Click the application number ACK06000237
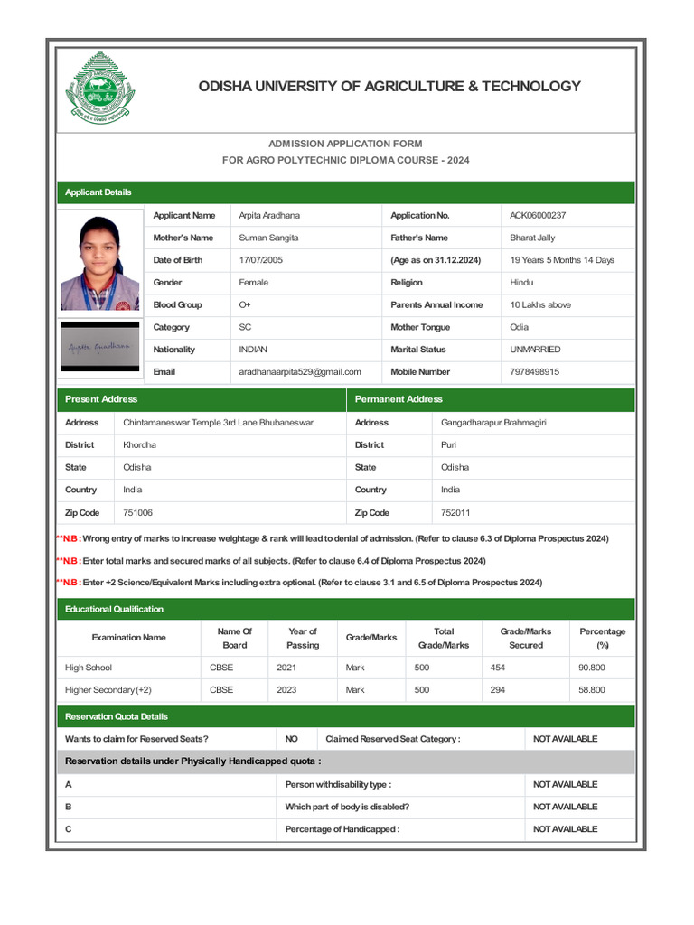point(539,216)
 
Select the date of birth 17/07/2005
point(260,260)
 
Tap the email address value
point(300,372)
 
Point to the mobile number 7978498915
point(534,372)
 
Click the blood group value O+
point(245,305)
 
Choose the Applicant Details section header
point(98,192)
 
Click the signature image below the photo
point(98,346)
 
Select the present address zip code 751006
point(138,513)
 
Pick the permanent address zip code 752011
point(455,513)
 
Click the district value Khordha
point(139,445)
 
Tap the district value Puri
point(449,445)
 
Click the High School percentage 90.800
point(592,668)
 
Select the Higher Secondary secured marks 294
point(498,690)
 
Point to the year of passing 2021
point(287,668)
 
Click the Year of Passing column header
point(303,638)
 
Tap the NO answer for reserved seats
point(292,739)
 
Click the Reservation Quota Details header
point(117,716)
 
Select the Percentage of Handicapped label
point(342,829)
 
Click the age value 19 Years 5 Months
point(562,260)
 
